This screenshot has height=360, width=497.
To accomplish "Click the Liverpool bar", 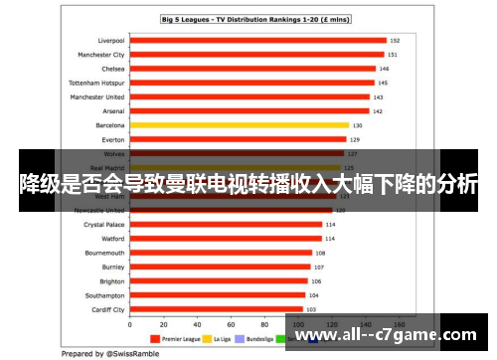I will click(x=256, y=41).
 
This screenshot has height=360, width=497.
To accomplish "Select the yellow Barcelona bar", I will click(x=239, y=125).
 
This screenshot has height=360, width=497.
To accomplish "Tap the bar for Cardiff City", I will click(x=215, y=309).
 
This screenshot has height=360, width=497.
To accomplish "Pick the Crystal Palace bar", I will click(x=225, y=225).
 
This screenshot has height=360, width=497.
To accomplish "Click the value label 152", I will click(x=395, y=41).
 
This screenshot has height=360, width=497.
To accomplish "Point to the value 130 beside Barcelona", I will click(x=357, y=125).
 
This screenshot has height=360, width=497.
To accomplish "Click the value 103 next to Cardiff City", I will click(x=311, y=309).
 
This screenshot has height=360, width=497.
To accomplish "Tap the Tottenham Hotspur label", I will click(x=96, y=84).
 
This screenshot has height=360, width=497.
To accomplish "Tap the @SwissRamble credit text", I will click(x=97, y=353).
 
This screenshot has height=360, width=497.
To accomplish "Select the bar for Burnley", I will click(x=220, y=267).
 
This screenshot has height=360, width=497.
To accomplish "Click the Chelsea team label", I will click(x=112, y=70).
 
